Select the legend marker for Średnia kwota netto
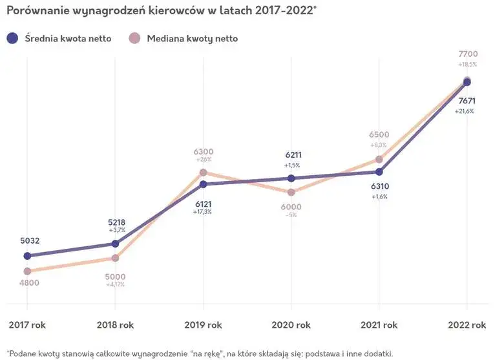pyautogui.click(x=12, y=39)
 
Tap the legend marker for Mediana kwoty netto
pyautogui.click(x=134, y=39)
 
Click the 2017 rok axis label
pyautogui.click(x=27, y=324)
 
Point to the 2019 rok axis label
pyautogui.click(x=203, y=324)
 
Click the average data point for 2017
pyautogui.click(x=27, y=256)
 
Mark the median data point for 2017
pyautogui.click(x=27, y=271)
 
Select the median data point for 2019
pyautogui.click(x=203, y=173)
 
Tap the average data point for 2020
pyautogui.click(x=291, y=178)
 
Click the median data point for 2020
pyautogui.click(x=291, y=193)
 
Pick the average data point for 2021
pyautogui.click(x=379, y=172)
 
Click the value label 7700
pyautogui.click(x=468, y=54)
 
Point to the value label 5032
pyautogui.click(x=30, y=241)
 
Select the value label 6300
pyautogui.click(x=204, y=151)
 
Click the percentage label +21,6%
pyautogui.click(x=464, y=111)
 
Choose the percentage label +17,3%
pyautogui.click(x=202, y=211)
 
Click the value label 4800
pyautogui.click(x=30, y=283)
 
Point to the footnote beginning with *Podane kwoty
pyautogui.click(x=199, y=354)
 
